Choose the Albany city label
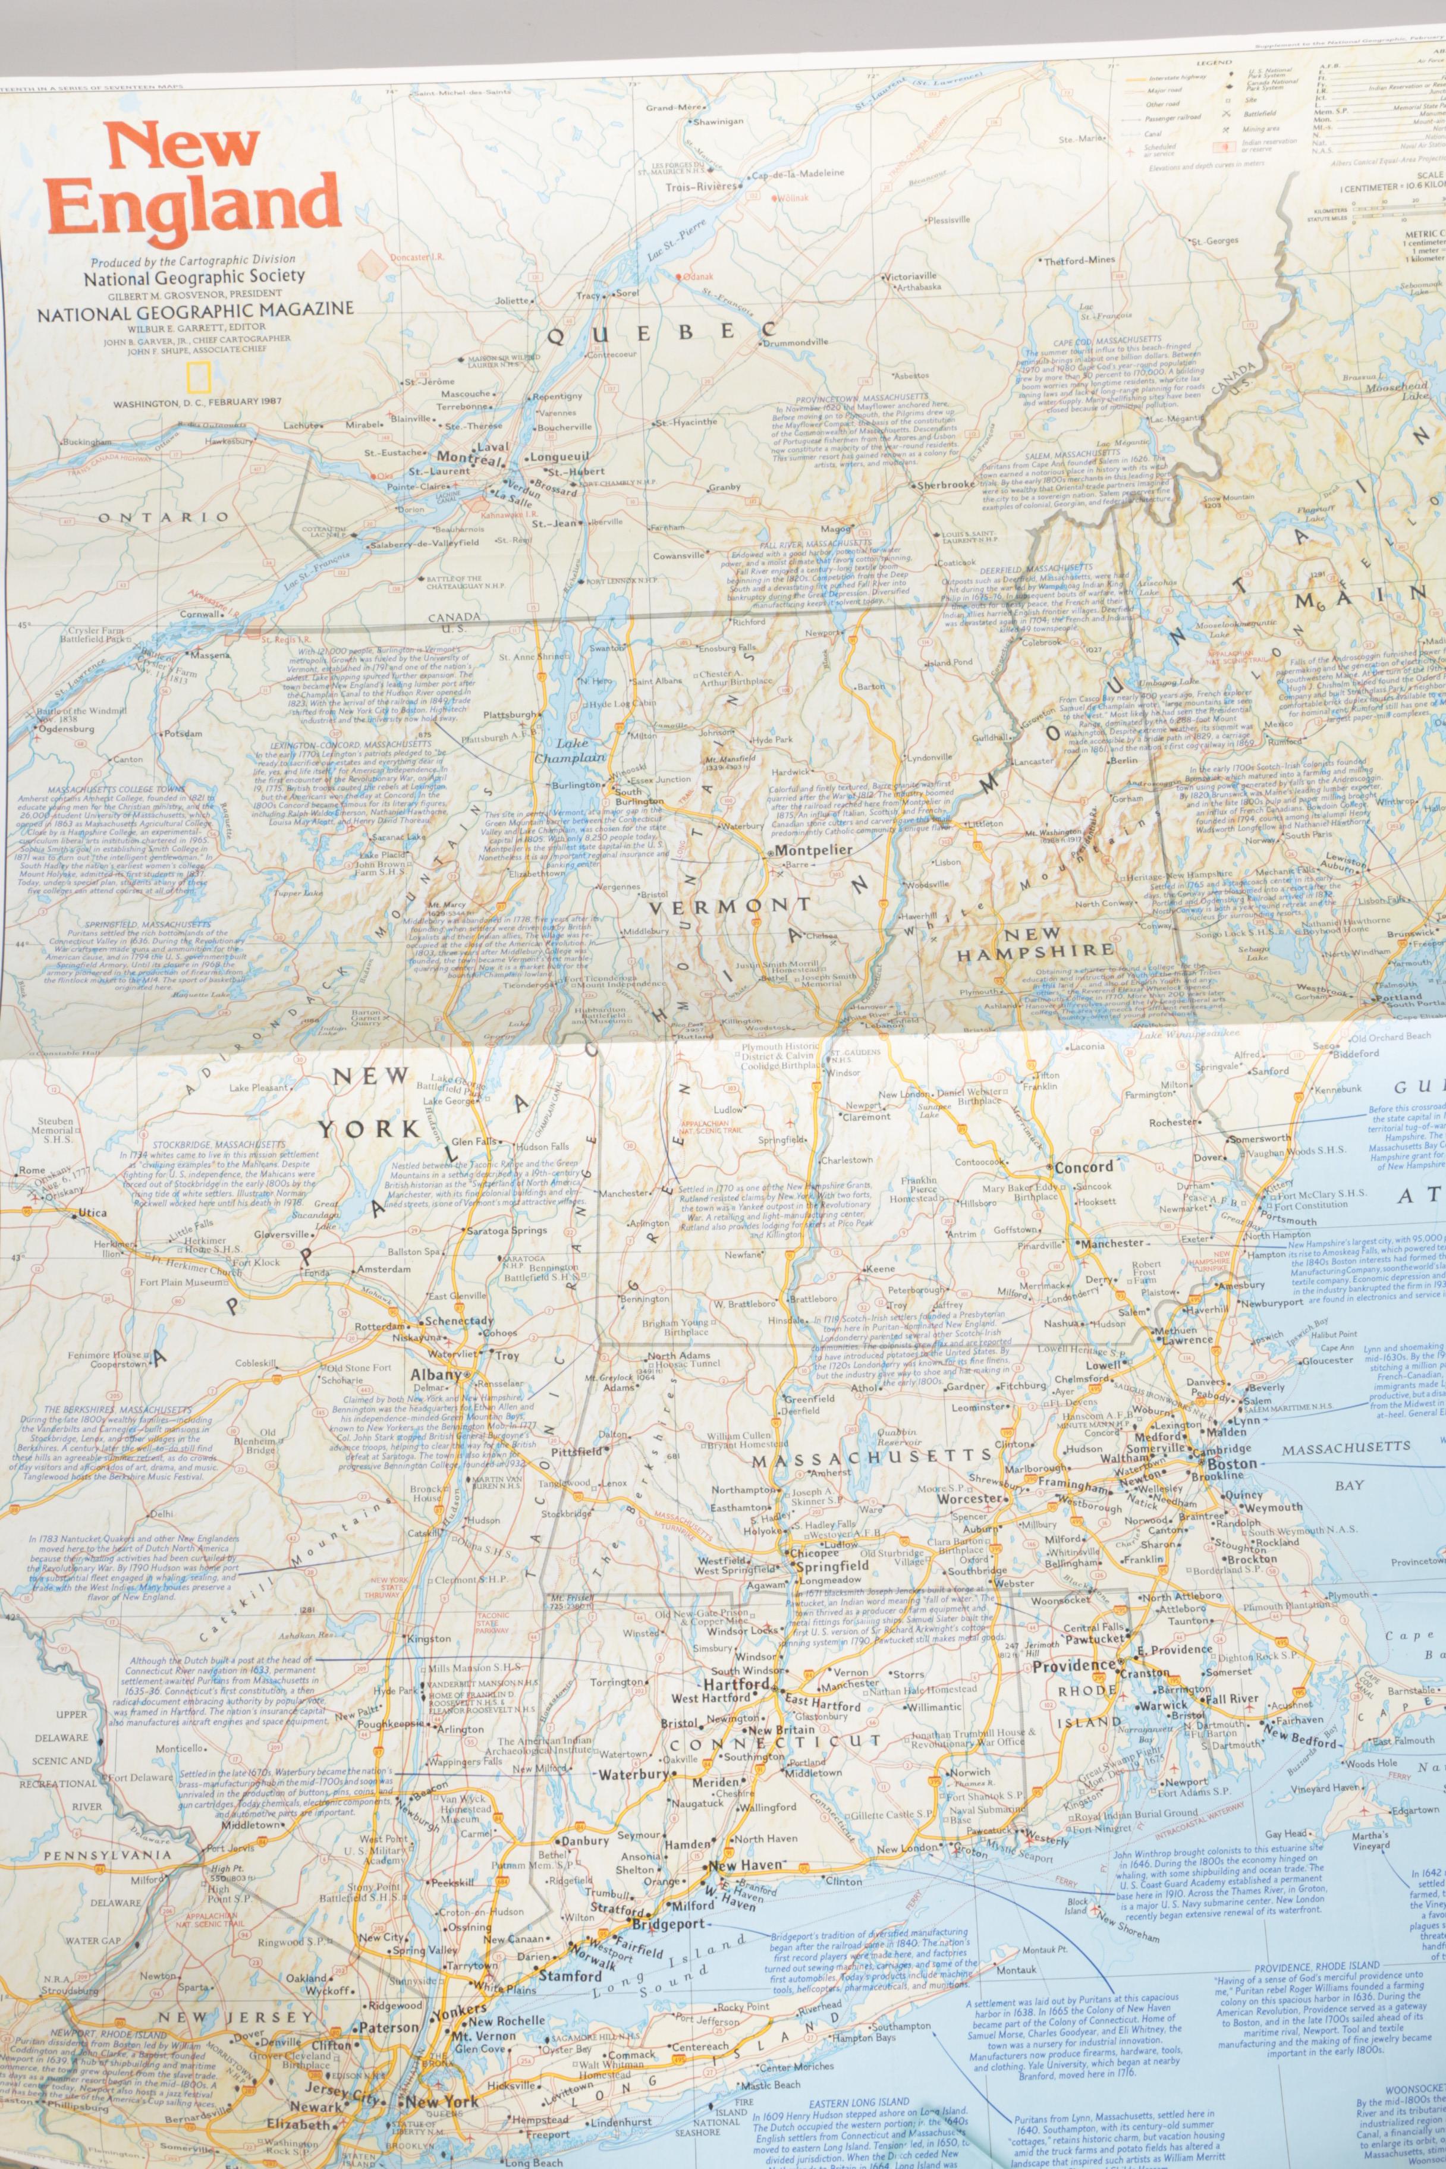[435, 1375]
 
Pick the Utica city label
[92, 1213]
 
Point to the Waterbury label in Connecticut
[634, 1774]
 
